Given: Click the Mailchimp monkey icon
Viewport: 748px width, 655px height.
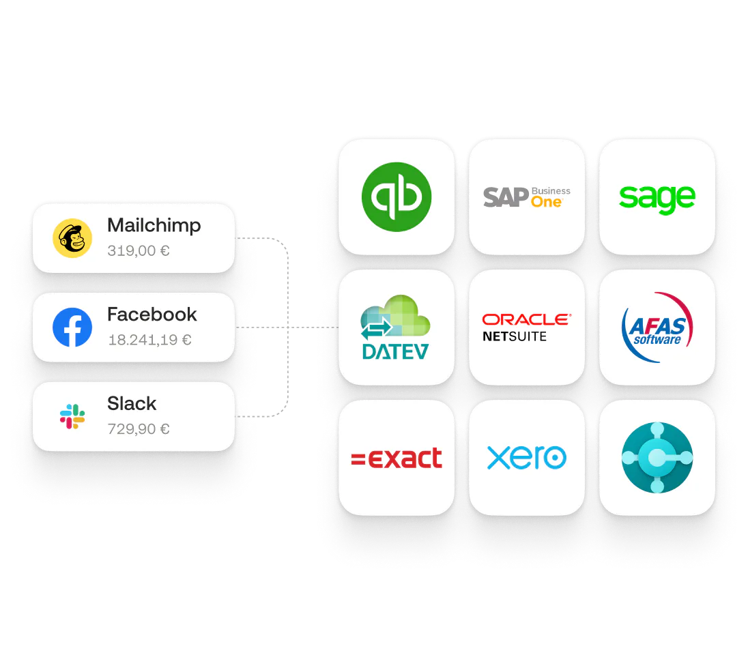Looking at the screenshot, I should (72, 238).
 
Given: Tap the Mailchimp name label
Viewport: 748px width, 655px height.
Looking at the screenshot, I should (154, 226).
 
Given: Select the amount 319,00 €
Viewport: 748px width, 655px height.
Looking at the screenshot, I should (139, 251).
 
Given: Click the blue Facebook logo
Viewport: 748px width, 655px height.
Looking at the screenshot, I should (72, 327).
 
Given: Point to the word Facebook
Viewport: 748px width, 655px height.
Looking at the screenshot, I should (152, 315).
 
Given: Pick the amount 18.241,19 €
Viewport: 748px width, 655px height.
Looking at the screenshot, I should (149, 340).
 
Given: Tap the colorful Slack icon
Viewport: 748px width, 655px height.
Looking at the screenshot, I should (72, 416).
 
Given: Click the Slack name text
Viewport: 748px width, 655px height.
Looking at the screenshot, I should (132, 404).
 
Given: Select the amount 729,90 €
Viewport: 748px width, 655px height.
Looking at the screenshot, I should (139, 429).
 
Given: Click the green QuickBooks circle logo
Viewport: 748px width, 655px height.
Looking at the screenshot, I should (397, 196).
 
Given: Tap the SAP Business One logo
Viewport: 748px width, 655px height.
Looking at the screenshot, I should (526, 197).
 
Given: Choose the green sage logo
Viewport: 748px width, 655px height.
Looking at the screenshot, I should (657, 197).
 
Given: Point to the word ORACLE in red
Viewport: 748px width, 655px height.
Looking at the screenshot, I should (526, 319).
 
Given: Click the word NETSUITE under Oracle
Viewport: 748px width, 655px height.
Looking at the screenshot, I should (514, 336).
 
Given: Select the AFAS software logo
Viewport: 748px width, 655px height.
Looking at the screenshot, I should (657, 327).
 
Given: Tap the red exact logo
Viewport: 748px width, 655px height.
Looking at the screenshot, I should (397, 458).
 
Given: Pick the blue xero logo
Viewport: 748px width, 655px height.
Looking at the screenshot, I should (526, 458).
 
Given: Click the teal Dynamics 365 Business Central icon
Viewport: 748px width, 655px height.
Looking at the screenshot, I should (657, 457).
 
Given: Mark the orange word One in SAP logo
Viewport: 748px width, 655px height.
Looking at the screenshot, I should (546, 203).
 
